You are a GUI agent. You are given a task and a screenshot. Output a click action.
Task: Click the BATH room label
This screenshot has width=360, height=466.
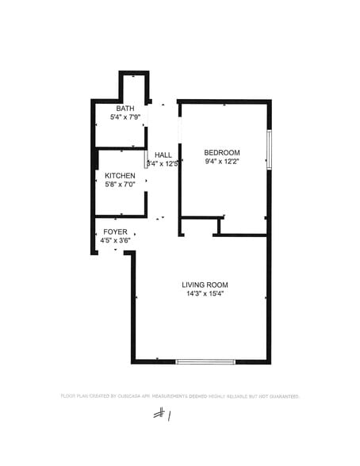(x=124, y=109)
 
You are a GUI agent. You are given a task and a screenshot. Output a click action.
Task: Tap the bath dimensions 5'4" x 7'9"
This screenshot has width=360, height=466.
(x=124, y=117)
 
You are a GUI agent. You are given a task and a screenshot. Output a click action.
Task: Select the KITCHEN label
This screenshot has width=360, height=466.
(x=120, y=175)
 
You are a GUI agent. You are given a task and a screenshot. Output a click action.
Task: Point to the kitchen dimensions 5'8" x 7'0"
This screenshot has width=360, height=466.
(x=120, y=184)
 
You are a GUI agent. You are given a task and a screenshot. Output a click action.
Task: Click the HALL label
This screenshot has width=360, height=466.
(x=163, y=155)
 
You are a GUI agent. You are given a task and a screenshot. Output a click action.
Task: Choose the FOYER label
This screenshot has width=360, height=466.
(x=115, y=231)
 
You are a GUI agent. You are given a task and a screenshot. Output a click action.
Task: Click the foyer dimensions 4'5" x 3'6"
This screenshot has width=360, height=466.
(x=115, y=240)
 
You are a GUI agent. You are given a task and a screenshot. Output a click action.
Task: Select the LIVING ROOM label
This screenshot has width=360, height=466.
(x=205, y=285)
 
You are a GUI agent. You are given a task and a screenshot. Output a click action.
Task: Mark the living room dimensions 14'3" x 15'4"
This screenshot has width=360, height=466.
(x=205, y=294)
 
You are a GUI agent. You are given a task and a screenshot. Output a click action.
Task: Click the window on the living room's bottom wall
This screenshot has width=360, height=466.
(x=205, y=361)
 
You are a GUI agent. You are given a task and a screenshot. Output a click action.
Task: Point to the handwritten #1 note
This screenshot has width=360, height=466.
(x=164, y=414)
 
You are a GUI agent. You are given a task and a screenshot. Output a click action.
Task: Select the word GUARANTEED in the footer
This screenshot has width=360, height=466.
(x=282, y=395)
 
